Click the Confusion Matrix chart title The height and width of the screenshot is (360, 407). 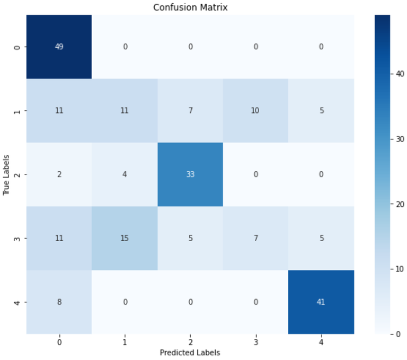(190, 7)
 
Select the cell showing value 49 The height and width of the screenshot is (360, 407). (59, 47)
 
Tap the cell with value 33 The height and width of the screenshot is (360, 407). (190, 174)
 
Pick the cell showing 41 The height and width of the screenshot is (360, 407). (321, 302)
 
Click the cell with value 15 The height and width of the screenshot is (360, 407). (125, 238)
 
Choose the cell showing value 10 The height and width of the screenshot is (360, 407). (255, 110)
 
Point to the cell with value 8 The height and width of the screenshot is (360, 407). (59, 302)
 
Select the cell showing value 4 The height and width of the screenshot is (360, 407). (125, 174)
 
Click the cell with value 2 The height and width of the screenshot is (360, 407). (59, 174)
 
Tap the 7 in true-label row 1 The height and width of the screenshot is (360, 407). (190, 110)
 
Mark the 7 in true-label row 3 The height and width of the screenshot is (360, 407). (255, 238)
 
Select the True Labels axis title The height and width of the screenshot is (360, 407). (6, 174)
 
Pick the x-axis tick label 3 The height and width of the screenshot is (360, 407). (255, 342)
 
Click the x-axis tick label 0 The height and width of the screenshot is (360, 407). (59, 342)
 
